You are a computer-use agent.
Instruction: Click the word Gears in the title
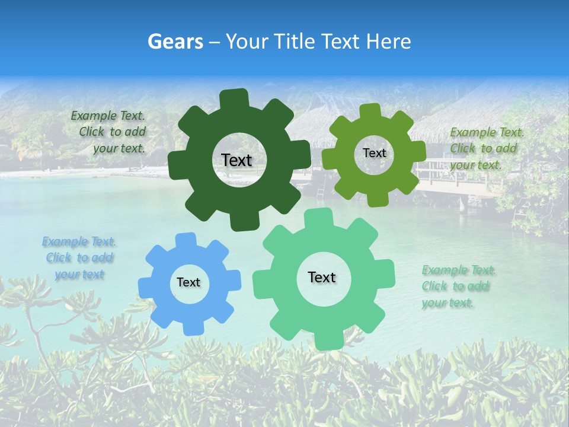click(x=175, y=42)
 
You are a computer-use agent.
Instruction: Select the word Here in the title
click(x=389, y=42)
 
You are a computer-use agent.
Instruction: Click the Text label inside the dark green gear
click(x=236, y=160)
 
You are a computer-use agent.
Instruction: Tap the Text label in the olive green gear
click(x=374, y=153)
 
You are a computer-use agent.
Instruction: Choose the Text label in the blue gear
click(x=188, y=282)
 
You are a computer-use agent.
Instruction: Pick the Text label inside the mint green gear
click(x=322, y=277)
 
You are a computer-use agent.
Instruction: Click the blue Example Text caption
click(x=79, y=258)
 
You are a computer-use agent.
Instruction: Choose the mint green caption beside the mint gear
click(x=458, y=286)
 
